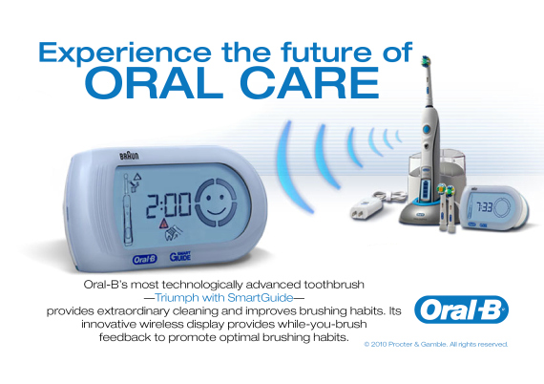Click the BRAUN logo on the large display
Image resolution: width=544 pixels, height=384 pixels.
[128, 154]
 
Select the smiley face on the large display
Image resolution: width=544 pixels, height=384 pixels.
[221, 202]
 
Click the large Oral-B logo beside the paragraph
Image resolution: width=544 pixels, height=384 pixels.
[461, 310]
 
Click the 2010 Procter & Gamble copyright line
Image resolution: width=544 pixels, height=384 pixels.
[438, 344]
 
